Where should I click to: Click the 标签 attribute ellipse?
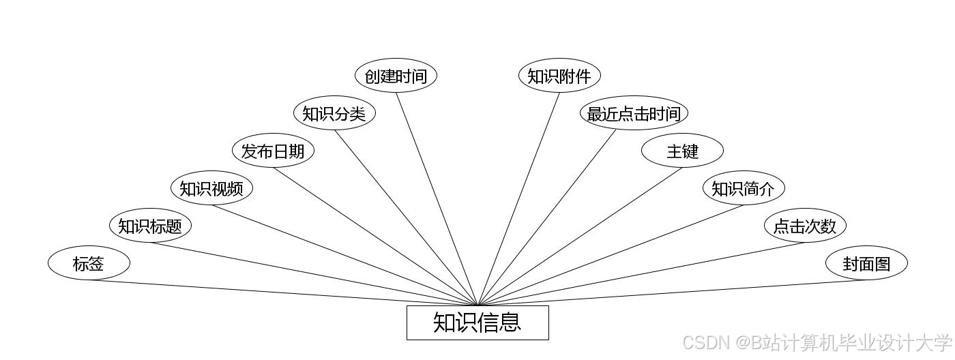(89, 263)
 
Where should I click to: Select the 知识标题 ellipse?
(150, 226)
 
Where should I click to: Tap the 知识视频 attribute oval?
(211, 188)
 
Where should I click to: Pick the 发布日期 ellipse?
(273, 151)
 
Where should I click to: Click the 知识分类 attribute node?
(334, 113)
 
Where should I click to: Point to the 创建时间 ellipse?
(396, 76)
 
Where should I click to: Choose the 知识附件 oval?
(559, 76)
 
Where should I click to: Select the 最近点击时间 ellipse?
(634, 113)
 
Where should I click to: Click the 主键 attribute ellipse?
(682, 151)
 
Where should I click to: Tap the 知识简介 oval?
(744, 188)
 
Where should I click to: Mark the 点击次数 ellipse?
(805, 226)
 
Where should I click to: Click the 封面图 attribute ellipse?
(866, 263)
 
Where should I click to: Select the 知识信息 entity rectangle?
(477, 322)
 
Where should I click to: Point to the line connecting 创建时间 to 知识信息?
(437, 198)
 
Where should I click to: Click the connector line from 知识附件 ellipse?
(518, 198)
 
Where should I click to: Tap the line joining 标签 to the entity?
(283, 292)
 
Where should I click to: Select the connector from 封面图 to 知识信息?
(672, 292)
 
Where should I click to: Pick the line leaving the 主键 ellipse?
(580, 237)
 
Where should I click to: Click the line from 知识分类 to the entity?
(406, 217)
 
